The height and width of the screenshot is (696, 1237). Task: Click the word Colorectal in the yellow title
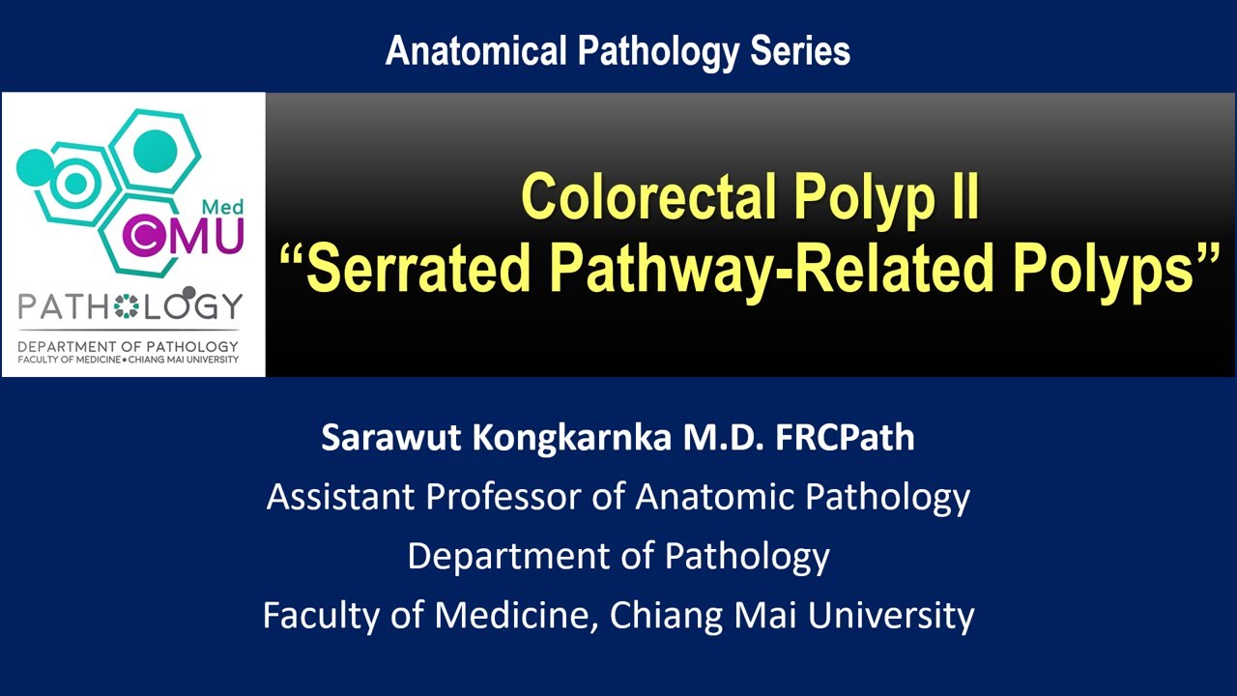(649, 197)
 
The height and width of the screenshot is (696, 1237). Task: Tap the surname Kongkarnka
(574, 437)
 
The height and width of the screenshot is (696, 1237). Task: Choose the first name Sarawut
(392, 437)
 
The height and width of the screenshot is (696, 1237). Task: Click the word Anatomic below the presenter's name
(714, 497)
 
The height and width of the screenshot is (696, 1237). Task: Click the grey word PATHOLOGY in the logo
(131, 307)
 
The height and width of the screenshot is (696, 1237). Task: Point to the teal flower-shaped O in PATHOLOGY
(127, 307)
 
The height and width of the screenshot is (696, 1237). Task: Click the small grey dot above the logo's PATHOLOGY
(188, 292)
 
